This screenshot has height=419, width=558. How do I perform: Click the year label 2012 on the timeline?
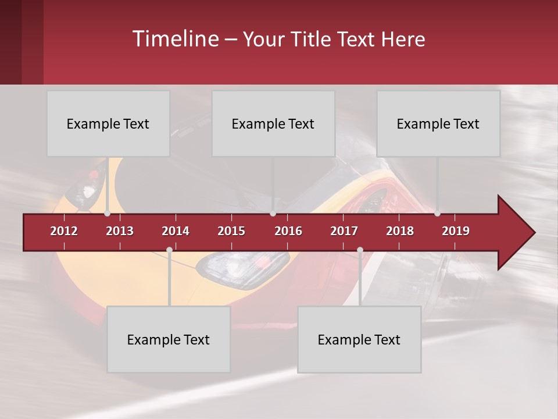tap(64, 231)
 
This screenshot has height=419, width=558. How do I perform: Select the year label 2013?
tap(120, 231)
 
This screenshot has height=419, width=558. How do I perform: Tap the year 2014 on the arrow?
tap(176, 231)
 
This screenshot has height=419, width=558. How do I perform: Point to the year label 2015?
tap(231, 231)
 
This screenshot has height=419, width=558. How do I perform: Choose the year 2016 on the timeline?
tap(288, 231)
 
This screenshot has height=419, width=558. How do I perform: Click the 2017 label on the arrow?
tap(344, 231)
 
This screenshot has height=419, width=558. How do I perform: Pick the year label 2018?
tap(400, 231)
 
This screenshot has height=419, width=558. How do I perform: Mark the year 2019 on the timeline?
tap(456, 231)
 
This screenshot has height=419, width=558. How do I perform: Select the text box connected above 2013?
tap(108, 123)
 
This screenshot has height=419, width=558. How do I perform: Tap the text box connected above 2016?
tap(273, 123)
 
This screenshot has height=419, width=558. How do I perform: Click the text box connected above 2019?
tap(438, 123)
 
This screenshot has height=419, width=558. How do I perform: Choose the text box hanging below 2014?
tap(169, 339)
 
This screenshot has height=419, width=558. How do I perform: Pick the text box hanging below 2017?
tap(359, 339)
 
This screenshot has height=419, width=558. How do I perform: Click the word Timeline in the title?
tap(174, 39)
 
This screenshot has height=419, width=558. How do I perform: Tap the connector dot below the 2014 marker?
tap(169, 250)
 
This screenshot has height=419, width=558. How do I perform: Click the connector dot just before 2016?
tap(273, 214)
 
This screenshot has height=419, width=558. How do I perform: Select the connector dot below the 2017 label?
tap(360, 250)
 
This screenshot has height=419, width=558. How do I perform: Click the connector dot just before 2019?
tap(437, 214)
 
